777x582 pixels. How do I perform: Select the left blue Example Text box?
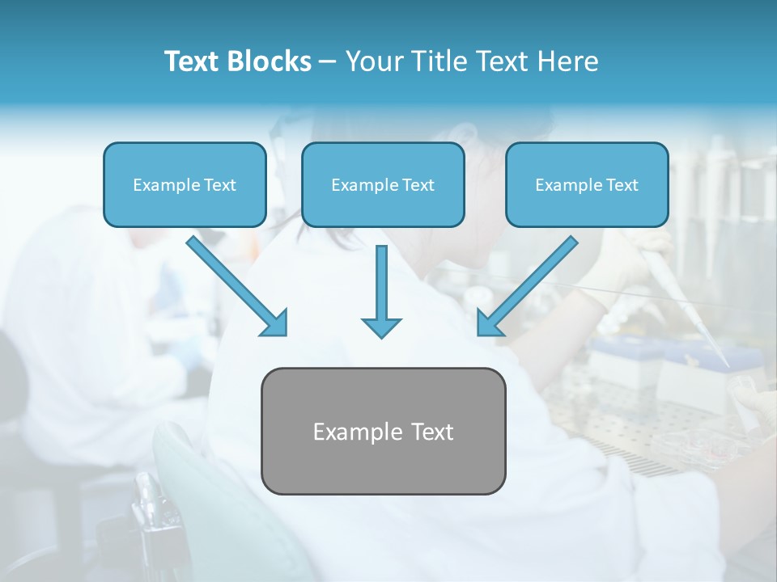point(185,185)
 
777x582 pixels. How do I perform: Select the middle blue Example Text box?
point(383,185)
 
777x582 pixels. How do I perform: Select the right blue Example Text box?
point(587,185)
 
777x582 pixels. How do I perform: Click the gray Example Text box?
point(383,431)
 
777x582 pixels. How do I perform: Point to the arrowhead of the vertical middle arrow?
point(381,327)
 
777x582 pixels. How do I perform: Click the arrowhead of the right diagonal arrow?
point(489,323)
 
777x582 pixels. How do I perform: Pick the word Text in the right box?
point(622,185)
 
